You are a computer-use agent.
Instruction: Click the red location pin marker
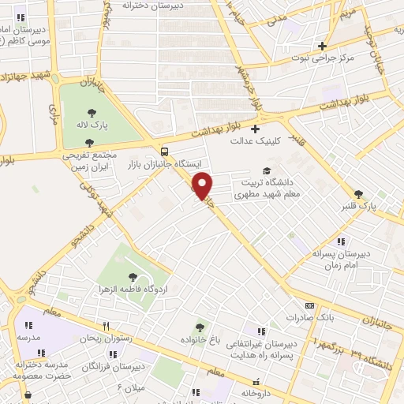[203, 185]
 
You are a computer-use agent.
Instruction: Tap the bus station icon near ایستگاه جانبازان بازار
[164, 151]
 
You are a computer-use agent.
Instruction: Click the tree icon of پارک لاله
[92, 113]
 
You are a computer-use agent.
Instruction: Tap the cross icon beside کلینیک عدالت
[255, 129]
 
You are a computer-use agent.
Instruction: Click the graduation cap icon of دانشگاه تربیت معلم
[267, 170]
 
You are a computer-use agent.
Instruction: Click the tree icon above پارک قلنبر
[359, 194]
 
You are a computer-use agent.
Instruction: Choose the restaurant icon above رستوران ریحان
[107, 326]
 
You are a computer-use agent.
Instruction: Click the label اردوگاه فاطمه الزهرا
[132, 290]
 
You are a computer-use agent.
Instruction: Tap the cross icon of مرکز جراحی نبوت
[321, 46]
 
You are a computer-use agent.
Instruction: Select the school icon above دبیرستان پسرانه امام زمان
[340, 241]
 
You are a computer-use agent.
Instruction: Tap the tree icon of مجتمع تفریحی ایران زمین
[89, 143]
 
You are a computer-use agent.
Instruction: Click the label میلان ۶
[132, 388]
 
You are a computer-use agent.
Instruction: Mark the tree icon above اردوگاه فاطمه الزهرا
[132, 277]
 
